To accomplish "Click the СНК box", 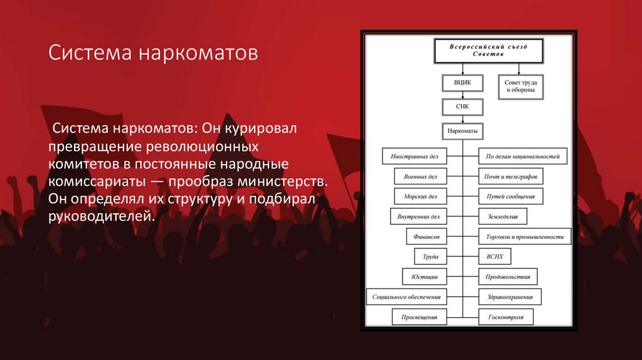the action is click(462, 107).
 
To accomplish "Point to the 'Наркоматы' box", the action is click(463, 132).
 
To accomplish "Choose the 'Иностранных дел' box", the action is click(415, 156).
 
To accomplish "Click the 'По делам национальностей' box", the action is click(522, 156).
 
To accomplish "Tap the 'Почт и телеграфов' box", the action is click(510, 176).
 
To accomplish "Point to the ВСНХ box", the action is click(495, 257).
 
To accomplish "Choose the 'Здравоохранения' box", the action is click(510, 297).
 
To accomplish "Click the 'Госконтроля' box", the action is click(505, 317).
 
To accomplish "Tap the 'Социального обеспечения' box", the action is click(406, 297).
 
